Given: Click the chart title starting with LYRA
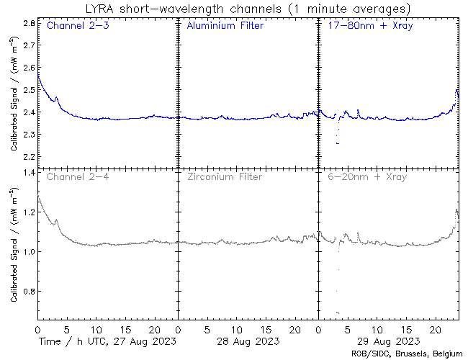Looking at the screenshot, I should (x=247, y=9).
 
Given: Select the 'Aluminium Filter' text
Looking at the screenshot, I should (x=225, y=27).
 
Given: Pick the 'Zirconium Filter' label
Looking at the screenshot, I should (x=224, y=176).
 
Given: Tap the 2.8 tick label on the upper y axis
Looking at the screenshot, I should (x=30, y=23).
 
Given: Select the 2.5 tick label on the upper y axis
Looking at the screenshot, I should (x=30, y=90).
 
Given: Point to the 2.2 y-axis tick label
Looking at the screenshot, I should (x=30, y=157).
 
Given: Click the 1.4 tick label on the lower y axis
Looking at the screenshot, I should (x=30, y=173).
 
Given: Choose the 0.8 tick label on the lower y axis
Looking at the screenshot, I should (x=30, y=292).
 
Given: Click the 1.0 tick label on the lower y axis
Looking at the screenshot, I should (x=30, y=252).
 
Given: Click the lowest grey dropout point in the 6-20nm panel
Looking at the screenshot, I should (x=338, y=312).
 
